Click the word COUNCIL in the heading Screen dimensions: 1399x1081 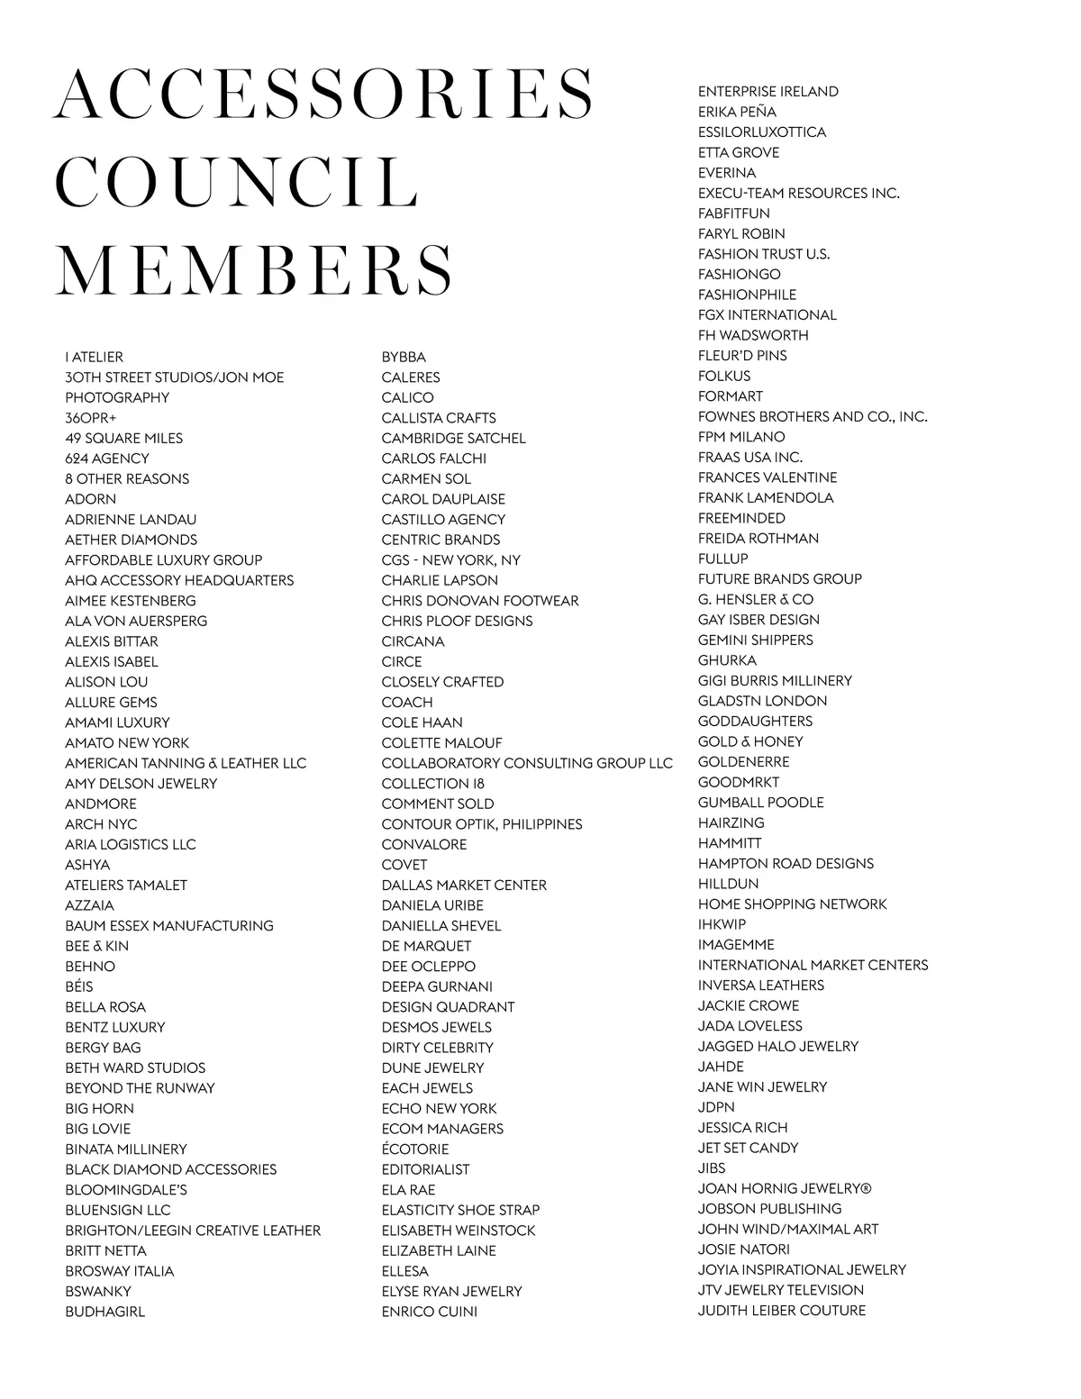tap(239, 182)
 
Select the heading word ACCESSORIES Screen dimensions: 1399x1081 tap(324, 94)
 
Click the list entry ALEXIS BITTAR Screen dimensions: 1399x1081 tap(112, 641)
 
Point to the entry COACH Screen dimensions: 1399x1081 tap(407, 702)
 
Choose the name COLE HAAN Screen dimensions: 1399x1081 tap(422, 722)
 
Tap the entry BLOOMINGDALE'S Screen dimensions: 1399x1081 tap(126, 1189)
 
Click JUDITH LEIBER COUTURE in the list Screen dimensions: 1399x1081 tap(782, 1310)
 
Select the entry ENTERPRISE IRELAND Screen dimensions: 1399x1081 tap(768, 91)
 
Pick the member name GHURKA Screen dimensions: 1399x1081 tap(727, 660)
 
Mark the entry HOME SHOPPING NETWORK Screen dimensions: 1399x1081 tap(793, 904)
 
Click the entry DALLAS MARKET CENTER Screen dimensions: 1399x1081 tap(464, 885)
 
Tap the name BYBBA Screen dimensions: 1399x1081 tap(404, 357)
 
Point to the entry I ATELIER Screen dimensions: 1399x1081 tap(95, 357)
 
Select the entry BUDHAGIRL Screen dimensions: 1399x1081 tap(104, 1312)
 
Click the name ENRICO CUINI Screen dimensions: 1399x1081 tap(430, 1312)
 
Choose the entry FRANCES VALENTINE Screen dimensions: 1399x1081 tap(768, 477)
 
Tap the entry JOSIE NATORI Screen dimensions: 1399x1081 tap(744, 1249)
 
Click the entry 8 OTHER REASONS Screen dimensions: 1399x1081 tap(127, 478)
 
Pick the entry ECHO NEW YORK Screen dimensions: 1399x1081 tap(439, 1108)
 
